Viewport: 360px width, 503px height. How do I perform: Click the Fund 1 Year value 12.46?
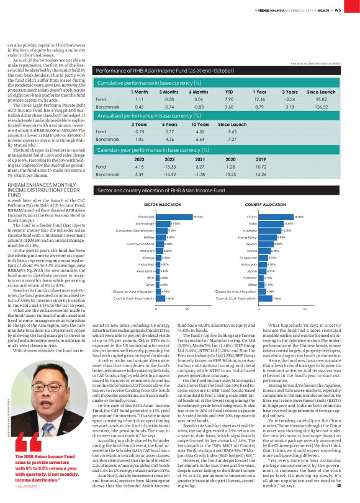260,99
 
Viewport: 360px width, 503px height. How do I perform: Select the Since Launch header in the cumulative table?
320,92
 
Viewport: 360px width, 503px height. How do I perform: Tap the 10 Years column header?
198,124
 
